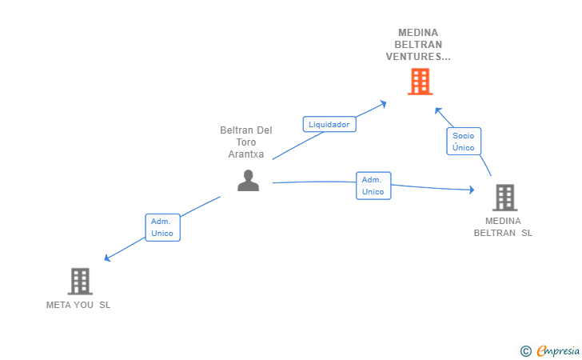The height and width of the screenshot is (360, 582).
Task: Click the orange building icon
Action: [x=420, y=82]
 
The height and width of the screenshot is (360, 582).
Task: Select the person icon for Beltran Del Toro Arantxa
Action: [x=249, y=181]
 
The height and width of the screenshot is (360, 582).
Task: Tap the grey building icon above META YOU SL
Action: [x=80, y=281]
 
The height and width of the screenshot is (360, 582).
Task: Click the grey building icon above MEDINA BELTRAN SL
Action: [x=504, y=198]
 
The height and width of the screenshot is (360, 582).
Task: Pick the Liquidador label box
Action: [x=329, y=124]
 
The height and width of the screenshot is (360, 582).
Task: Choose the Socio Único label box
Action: [x=463, y=142]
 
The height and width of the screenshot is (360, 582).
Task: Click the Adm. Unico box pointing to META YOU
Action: [x=162, y=227]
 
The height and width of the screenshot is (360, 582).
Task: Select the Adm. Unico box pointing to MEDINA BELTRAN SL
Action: [x=373, y=186]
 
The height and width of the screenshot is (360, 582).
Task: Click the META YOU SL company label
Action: [x=78, y=305]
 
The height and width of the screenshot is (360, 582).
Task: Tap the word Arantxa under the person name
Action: [x=246, y=154]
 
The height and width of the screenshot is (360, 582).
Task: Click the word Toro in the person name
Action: [x=246, y=142]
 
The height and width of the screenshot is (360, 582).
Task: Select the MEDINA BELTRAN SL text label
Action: [x=503, y=227]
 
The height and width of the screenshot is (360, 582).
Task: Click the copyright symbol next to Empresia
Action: [x=525, y=350]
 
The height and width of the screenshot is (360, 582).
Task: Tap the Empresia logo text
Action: [x=559, y=350]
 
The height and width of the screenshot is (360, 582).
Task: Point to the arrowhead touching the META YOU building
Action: [x=107, y=258]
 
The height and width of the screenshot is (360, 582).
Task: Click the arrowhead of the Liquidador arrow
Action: [x=384, y=102]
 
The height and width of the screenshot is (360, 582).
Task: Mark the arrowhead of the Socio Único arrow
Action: [x=437, y=109]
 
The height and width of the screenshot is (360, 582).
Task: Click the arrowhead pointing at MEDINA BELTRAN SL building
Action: [x=472, y=190]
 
